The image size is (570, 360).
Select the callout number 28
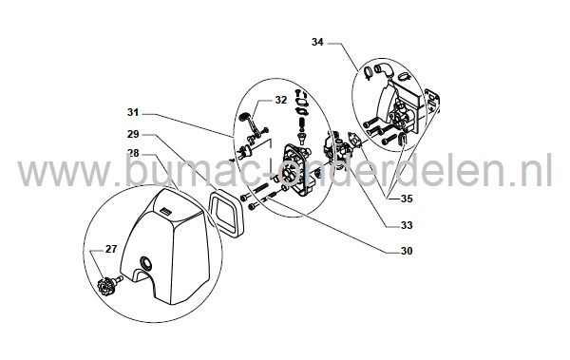[134, 153]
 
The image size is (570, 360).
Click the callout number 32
[280, 99]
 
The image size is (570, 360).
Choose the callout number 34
[317, 42]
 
